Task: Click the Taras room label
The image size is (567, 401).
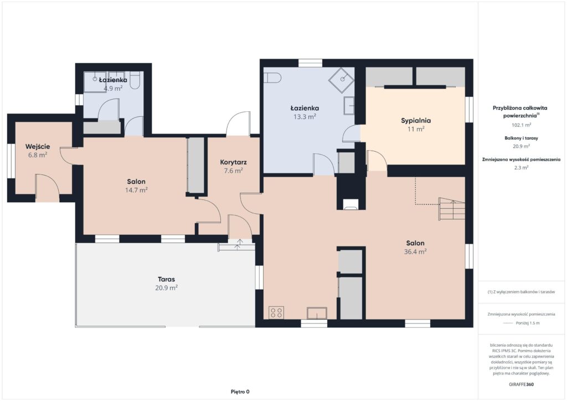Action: (166, 279)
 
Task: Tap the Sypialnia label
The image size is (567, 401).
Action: (416, 120)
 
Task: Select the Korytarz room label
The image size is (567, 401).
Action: (233, 162)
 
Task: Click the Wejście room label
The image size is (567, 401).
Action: (38, 146)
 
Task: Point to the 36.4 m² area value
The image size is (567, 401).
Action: (415, 251)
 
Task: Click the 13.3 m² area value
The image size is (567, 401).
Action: (305, 116)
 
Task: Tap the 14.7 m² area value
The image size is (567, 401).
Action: (136, 190)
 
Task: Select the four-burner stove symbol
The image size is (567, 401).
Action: (276, 312)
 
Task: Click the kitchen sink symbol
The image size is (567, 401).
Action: (317, 313)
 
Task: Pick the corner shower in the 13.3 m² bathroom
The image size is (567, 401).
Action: (341, 80)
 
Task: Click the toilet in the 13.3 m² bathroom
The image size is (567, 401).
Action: (272, 78)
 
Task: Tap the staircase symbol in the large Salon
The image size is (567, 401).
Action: (452, 209)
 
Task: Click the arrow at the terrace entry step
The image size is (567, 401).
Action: (238, 244)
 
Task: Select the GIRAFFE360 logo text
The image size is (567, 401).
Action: (521, 384)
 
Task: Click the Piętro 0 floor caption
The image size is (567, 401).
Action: (240, 392)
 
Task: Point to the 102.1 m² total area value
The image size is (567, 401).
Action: (521, 125)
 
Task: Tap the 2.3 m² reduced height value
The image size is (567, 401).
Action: (521, 167)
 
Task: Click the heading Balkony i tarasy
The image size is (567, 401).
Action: (521, 138)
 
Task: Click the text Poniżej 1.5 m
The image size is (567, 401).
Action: (528, 323)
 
